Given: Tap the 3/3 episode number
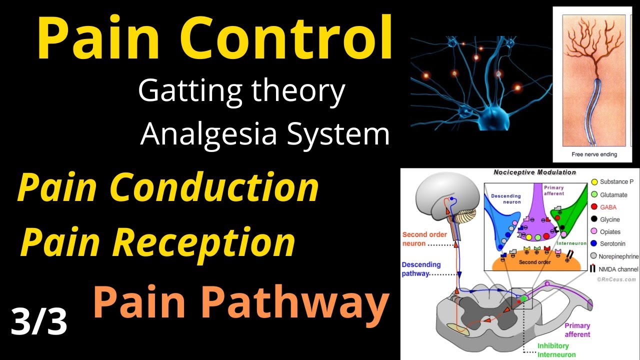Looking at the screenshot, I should [39, 322].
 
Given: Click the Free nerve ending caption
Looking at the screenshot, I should [594, 154].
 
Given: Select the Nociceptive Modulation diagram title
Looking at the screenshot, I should [534, 172].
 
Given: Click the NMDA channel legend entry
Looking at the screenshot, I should [618, 269].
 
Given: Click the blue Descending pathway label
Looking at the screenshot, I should [421, 269].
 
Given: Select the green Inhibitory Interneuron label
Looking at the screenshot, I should [553, 350].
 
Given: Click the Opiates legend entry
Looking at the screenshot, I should [610, 231].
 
